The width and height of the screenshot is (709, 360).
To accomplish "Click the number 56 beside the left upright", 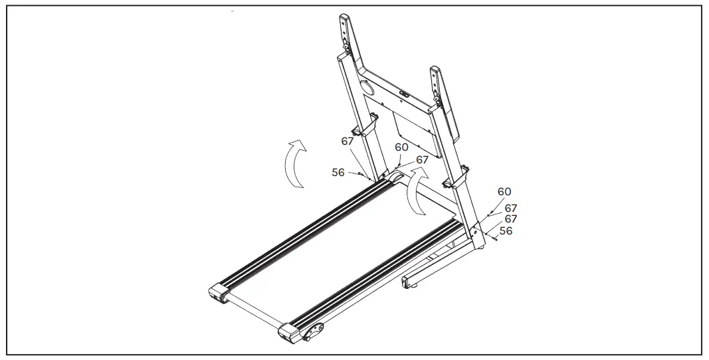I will point(338,172).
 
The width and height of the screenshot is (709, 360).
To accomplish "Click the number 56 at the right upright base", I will point(506,231).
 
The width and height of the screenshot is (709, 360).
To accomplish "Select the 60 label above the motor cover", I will point(401,147).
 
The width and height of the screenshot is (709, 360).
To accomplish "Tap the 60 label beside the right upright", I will point(504,192).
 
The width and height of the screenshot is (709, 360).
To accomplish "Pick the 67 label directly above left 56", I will point(348,141).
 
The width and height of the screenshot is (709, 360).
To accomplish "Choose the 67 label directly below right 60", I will point(511,208).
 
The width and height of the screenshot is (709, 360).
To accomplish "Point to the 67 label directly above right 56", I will point(511,219).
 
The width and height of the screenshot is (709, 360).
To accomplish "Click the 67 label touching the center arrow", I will point(423,160).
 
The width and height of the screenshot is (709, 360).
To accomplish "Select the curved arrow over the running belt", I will point(417,192).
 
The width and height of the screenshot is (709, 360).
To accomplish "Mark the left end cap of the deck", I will point(219,293).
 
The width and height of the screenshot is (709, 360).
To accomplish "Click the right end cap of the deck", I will point(290,333).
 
